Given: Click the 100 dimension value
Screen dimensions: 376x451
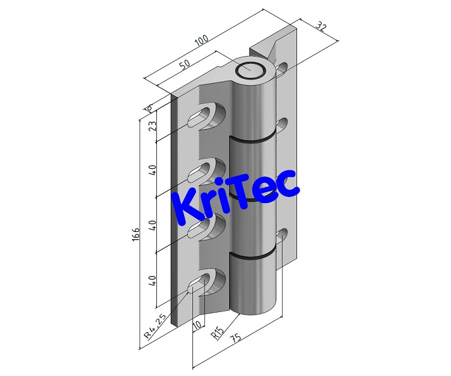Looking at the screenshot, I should [201, 41].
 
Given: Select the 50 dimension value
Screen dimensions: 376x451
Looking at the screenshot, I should [185, 65].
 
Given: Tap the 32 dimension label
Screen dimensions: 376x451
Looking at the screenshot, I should [321, 28].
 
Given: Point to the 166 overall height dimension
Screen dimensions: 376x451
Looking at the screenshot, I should [137, 234].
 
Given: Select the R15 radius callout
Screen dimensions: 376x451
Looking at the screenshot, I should [218, 333].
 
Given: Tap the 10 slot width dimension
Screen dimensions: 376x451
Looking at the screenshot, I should [196, 326].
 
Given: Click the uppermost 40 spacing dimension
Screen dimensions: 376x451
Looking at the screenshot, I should [153, 171].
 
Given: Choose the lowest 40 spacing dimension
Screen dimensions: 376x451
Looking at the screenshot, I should [153, 281].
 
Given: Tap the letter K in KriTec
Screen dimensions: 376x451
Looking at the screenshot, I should [186, 205].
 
